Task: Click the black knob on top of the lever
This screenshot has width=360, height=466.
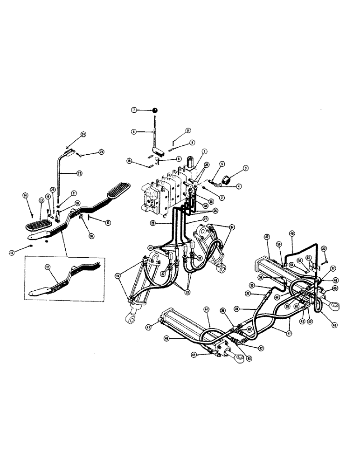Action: click(x=154, y=110)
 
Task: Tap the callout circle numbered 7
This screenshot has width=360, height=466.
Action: click(x=133, y=110)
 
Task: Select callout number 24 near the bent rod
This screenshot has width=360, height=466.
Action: click(x=83, y=134)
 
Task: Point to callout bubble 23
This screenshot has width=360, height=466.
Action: click(x=101, y=152)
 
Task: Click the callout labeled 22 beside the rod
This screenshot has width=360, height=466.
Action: click(x=80, y=173)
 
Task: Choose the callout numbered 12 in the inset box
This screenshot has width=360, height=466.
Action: click(x=47, y=267)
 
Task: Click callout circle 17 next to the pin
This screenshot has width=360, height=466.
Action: click(x=108, y=222)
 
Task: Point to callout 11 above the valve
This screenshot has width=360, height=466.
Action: click(x=188, y=130)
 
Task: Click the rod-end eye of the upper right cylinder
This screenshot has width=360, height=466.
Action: click(x=332, y=306)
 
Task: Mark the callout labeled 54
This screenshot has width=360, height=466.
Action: click(x=292, y=264)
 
